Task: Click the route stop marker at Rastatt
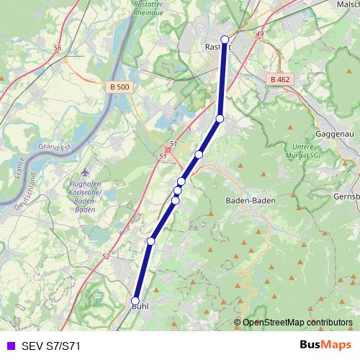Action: (x=225, y=40)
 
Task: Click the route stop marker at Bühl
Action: (x=135, y=301)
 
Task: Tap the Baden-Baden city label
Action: (x=247, y=201)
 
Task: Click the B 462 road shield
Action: (x=280, y=79)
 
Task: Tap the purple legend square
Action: (x=9, y=346)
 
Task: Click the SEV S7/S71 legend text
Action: (x=50, y=346)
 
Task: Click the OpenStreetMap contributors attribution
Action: (x=297, y=323)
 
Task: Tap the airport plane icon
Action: (x=86, y=172)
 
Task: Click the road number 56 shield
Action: (x=58, y=48)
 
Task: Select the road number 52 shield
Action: (x=106, y=256)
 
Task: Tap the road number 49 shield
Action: (x=259, y=34)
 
